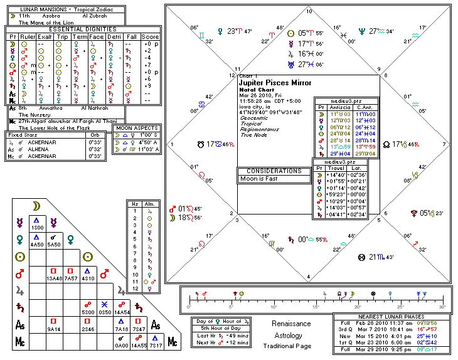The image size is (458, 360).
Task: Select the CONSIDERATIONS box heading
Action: [274, 171]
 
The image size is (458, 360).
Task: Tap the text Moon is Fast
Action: [259, 179]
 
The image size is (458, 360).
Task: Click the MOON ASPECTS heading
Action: [136, 128]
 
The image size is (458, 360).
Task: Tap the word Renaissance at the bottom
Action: [291, 324]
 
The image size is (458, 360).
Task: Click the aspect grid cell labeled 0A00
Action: [121, 346]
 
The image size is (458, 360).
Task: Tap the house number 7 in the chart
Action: [444, 144]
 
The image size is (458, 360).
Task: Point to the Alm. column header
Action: [148, 204]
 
